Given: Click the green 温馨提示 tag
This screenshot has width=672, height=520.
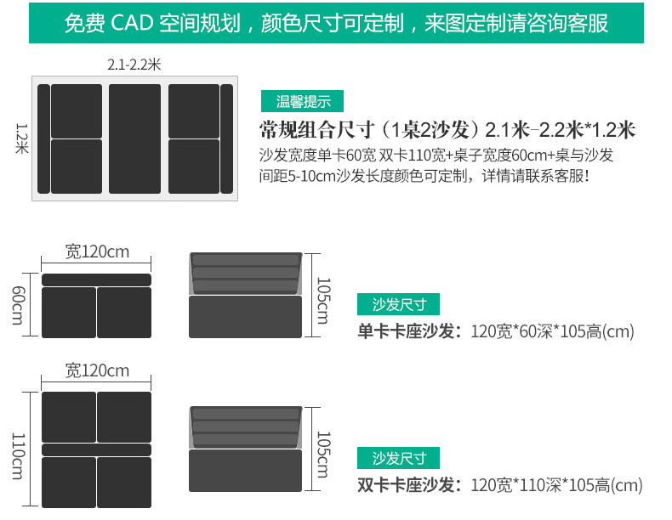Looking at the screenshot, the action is tap(304, 102).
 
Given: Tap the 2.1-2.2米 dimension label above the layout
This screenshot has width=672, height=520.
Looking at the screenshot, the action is tap(134, 65).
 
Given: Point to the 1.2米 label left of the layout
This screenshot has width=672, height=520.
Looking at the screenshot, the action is tap(22, 138).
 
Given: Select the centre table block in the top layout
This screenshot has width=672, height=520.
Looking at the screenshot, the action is tap(134, 138).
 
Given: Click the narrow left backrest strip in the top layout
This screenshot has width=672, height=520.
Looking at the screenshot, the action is tap(43, 138).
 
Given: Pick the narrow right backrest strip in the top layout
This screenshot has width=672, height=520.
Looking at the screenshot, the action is tap(226, 138).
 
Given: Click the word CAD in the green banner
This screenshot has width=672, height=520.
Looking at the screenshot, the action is tap(132, 22).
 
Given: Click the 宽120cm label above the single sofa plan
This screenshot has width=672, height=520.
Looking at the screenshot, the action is tap(97, 252).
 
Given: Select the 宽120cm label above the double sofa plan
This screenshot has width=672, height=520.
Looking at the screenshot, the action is tap(97, 370).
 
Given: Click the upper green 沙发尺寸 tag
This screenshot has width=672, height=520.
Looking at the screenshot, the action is tap(398, 304).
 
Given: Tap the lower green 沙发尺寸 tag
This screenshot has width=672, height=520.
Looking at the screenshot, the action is tap(398, 458).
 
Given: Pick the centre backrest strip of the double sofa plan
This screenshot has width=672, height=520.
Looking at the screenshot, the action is tap(96, 449).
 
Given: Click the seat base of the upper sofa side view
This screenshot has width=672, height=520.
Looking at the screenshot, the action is tap(246, 316).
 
